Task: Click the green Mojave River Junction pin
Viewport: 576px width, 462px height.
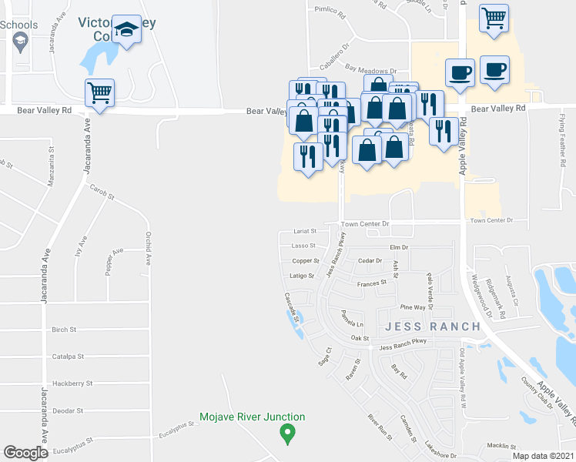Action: pyautogui.click(x=288, y=434)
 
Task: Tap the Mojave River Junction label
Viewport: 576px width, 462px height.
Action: pyautogui.click(x=253, y=417)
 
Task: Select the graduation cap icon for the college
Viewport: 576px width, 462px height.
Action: pyautogui.click(x=126, y=30)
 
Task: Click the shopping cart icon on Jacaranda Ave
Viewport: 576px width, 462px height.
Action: pyautogui.click(x=100, y=93)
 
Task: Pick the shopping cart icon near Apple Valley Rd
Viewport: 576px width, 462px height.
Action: pyautogui.click(x=494, y=17)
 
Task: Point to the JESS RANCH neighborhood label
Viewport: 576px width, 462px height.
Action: pyautogui.click(x=434, y=326)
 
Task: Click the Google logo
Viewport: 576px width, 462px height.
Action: pyautogui.click(x=25, y=453)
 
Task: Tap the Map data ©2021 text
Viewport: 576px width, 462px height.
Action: pyautogui.click(x=542, y=456)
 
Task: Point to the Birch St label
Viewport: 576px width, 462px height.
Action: pyautogui.click(x=64, y=330)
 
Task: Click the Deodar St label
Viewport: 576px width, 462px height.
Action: pyautogui.click(x=65, y=410)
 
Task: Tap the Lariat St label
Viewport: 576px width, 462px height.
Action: pyautogui.click(x=305, y=231)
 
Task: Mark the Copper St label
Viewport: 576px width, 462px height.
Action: pyautogui.click(x=306, y=261)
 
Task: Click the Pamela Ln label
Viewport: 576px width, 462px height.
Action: pyautogui.click(x=351, y=318)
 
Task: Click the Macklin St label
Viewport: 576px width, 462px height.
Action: pyautogui.click(x=501, y=446)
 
